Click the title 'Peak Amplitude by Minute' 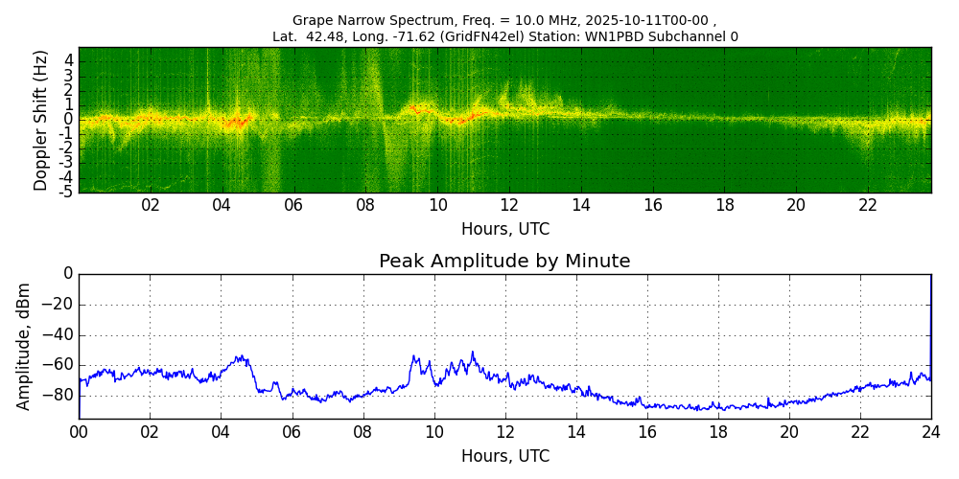[x=504, y=262]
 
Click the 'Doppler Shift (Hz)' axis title [x=41, y=121]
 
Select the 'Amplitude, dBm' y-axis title [x=25, y=346]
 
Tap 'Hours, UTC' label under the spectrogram [x=504, y=230]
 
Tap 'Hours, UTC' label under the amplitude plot [x=504, y=456]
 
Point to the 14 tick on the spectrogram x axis [x=581, y=205]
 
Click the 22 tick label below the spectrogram [x=868, y=205]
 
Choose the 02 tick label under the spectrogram [x=151, y=205]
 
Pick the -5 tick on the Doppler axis [x=67, y=192]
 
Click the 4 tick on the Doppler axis [x=69, y=60]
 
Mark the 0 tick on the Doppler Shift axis [x=69, y=120]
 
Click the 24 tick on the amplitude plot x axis [x=930, y=431]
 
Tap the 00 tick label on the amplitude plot [x=79, y=431]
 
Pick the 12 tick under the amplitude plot [x=504, y=431]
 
